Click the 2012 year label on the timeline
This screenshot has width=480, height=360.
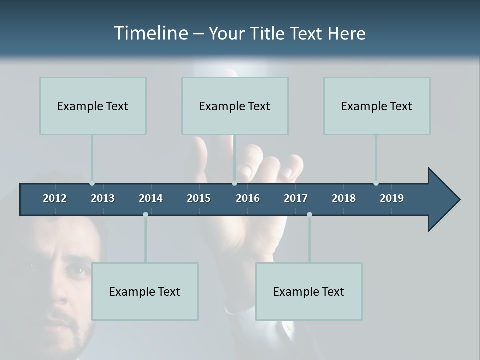pyautogui.click(x=55, y=198)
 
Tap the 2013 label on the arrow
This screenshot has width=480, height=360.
pyautogui.click(x=103, y=198)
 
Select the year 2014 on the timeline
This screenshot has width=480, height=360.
pyautogui.click(x=151, y=198)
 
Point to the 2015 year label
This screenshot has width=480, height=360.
pyautogui.click(x=199, y=198)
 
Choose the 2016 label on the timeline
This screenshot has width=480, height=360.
pyautogui.click(x=248, y=198)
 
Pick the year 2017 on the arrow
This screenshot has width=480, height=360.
pyautogui.click(x=296, y=198)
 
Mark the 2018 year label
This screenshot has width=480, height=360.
pyautogui.click(x=344, y=198)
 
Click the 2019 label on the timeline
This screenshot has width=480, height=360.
pyautogui.click(x=392, y=198)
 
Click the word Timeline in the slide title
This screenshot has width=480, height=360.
pyautogui.click(x=150, y=33)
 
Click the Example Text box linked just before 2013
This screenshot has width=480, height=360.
pyautogui.click(x=93, y=106)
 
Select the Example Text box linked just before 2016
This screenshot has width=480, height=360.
pyautogui.click(x=235, y=106)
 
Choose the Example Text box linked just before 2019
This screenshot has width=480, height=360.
pyautogui.click(x=377, y=106)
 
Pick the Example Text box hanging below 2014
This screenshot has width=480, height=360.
pyautogui.click(x=145, y=291)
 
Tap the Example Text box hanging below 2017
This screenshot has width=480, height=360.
pyautogui.click(x=309, y=291)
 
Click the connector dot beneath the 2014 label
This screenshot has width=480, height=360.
pyautogui.click(x=145, y=214)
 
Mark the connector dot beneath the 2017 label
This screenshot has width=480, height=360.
pyautogui.click(x=309, y=214)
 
